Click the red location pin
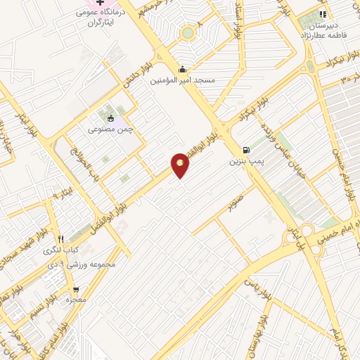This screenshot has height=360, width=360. [181, 165]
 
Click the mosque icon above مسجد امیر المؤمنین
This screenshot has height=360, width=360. [183, 69]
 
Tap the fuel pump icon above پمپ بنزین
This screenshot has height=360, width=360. [245, 149]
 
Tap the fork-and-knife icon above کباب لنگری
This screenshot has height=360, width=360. [61, 238]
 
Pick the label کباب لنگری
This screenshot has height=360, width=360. [62, 250]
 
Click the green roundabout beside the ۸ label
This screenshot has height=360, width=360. [188, 32]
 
